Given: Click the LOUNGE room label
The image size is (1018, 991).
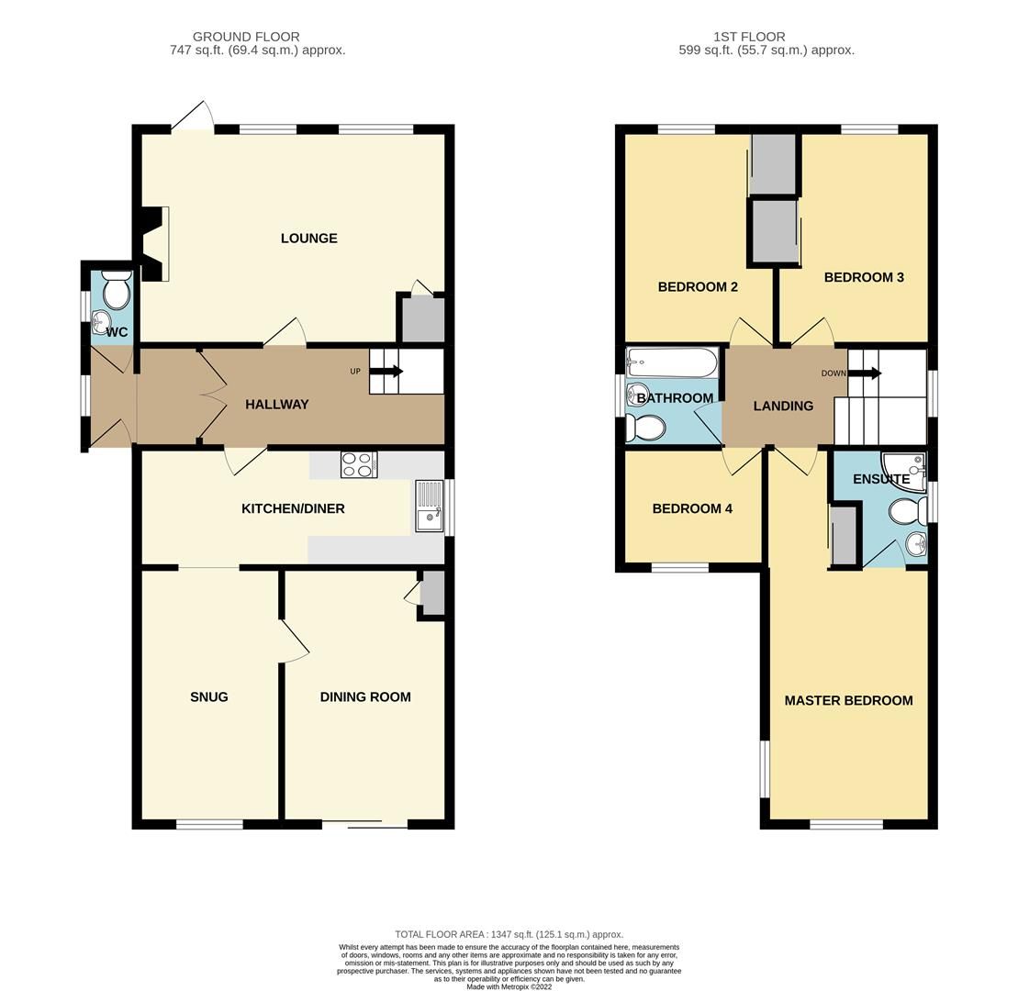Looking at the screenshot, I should pyautogui.click(x=308, y=239).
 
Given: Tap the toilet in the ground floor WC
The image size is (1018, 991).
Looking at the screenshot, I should pyautogui.click(x=117, y=290).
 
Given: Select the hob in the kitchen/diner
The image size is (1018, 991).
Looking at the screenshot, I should pyautogui.click(x=358, y=465).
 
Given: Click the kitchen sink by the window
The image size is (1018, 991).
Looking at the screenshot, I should pyautogui.click(x=428, y=507).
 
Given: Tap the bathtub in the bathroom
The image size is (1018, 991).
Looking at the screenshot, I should pyautogui.click(x=672, y=363).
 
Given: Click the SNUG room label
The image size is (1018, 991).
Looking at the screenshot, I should pyautogui.click(x=208, y=697).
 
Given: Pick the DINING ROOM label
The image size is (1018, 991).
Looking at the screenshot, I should pyautogui.click(x=364, y=697).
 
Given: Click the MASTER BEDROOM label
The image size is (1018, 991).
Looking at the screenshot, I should pyautogui.click(x=848, y=701).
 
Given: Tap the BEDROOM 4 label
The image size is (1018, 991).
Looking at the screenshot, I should pyautogui.click(x=692, y=509).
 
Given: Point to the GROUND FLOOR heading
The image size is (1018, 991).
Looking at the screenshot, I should pyautogui.click(x=246, y=37).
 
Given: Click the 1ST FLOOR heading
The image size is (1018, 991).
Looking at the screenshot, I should pyautogui.click(x=749, y=37).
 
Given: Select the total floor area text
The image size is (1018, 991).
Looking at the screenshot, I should pyautogui.click(x=509, y=934).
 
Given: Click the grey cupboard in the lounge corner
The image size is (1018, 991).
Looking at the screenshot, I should pyautogui.click(x=421, y=319).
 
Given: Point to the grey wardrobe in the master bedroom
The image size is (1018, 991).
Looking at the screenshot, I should pyautogui.click(x=844, y=535).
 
